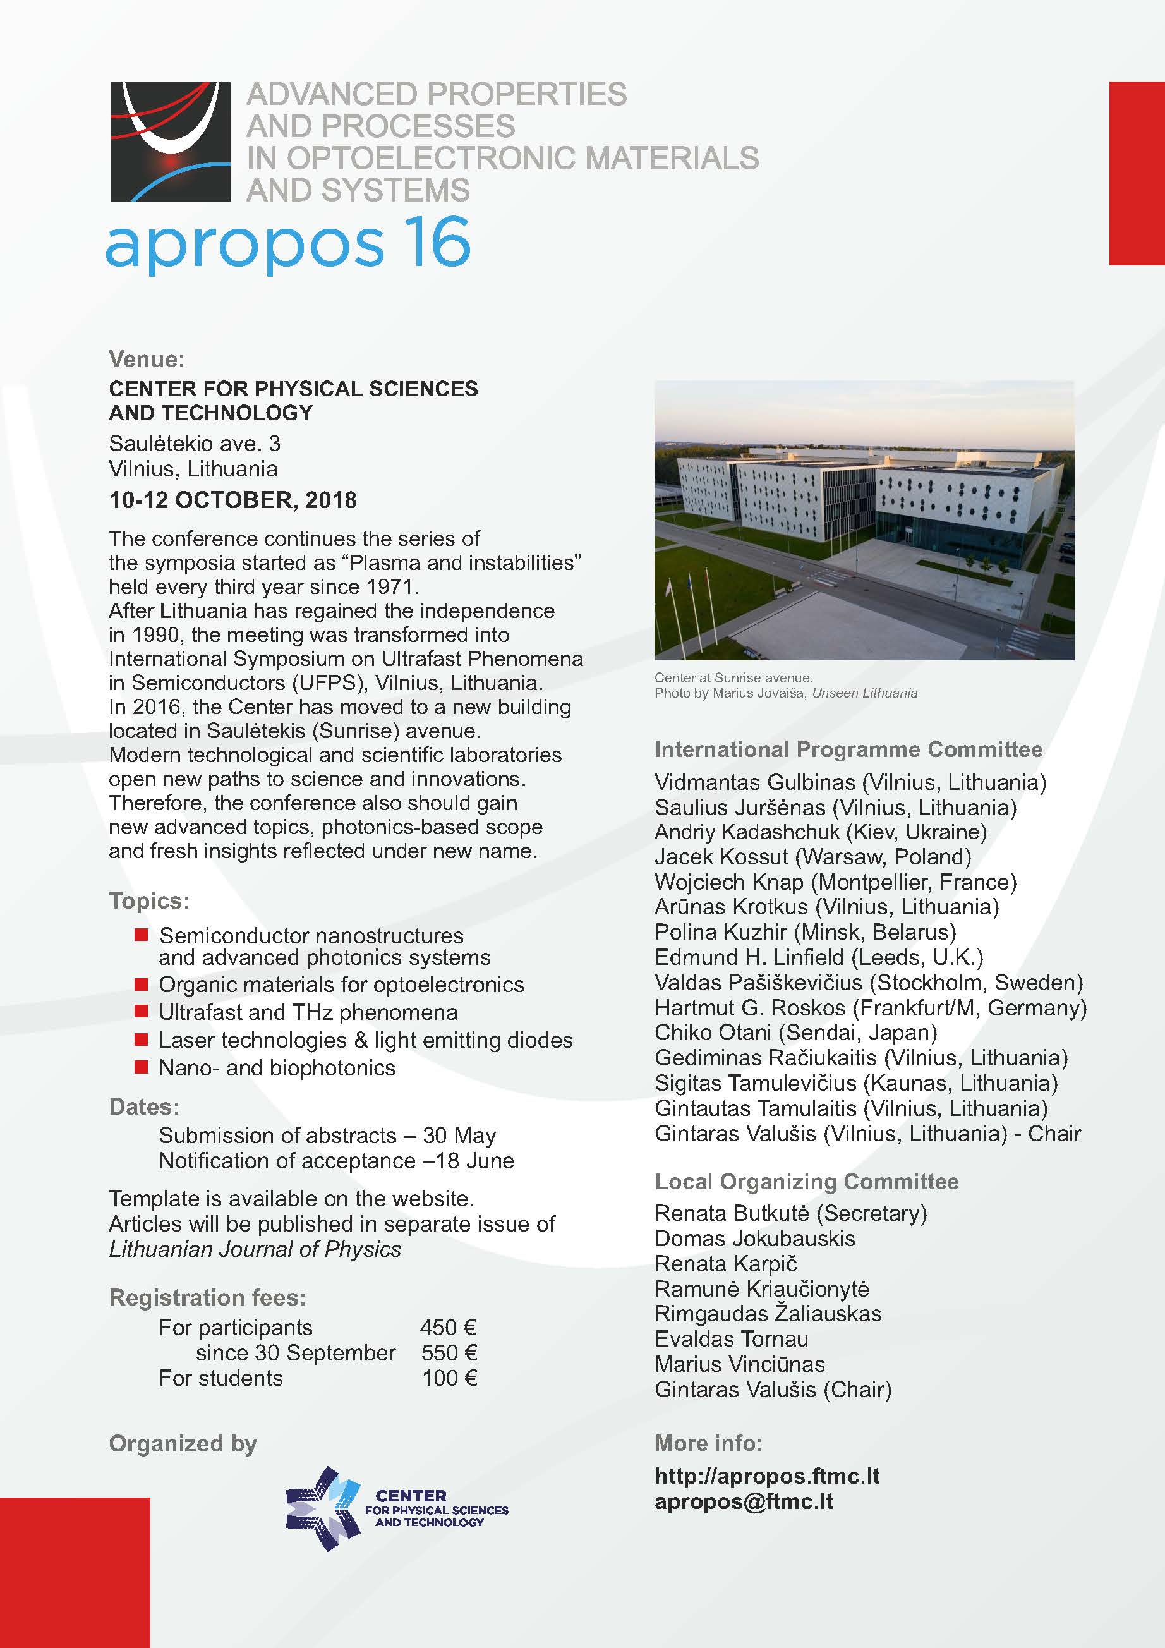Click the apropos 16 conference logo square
(170, 142)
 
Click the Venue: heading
(147, 359)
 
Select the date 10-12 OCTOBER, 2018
(232, 500)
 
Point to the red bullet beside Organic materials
(142, 984)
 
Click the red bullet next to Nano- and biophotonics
(142, 1067)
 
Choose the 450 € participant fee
(448, 1327)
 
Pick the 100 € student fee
(449, 1378)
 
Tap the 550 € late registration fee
(449, 1352)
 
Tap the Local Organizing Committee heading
(806, 1182)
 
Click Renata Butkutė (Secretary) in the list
(790, 1213)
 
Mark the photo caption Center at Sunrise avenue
(733, 677)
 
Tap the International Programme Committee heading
(848, 749)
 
